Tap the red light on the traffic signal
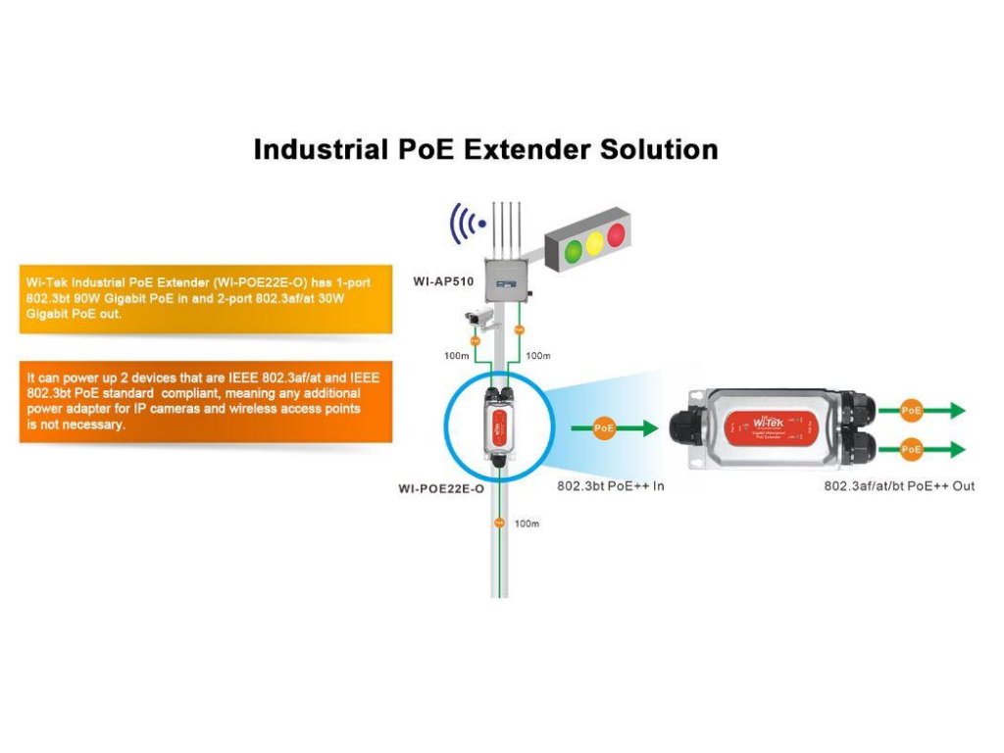tap(616, 234)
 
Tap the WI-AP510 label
tap(443, 281)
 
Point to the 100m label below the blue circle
tap(527, 525)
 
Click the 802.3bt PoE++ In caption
tap(610, 486)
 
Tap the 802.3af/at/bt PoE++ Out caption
tap(899, 486)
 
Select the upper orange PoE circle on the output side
tap(912, 411)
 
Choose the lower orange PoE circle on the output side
tap(912, 449)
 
